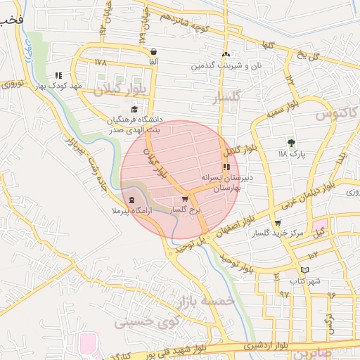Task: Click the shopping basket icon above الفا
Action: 153,51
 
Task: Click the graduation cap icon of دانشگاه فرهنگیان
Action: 134,108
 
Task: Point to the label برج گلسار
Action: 188,210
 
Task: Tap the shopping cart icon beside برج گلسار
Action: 185,199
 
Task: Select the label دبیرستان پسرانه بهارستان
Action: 229,184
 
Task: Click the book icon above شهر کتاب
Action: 304,269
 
